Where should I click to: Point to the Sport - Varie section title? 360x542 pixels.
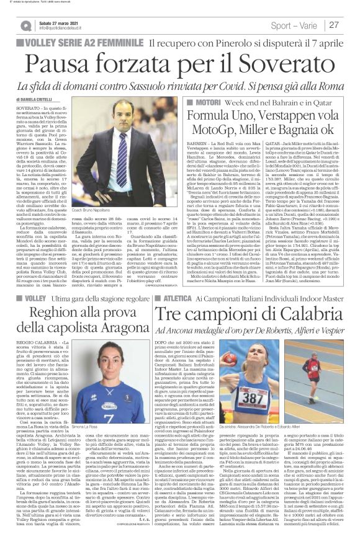pyautogui.click(x=295, y=25)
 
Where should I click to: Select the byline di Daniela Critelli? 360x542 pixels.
pyautogui.click(x=38, y=98)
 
